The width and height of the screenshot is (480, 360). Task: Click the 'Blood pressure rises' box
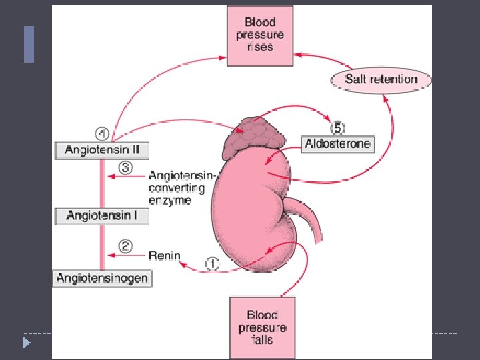260,35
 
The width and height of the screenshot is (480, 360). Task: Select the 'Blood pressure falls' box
262,327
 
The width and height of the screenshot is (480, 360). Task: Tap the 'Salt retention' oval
381,79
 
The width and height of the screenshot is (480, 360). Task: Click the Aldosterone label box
337,143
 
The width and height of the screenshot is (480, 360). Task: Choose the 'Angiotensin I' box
102,215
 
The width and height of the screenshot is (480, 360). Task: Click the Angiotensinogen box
102,277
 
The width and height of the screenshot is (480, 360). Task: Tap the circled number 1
211,264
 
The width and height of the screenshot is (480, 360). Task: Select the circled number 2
125,245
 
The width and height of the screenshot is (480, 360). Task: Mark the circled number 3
124,166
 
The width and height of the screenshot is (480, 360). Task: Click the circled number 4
101,131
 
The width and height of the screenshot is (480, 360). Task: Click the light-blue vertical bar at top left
29,44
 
